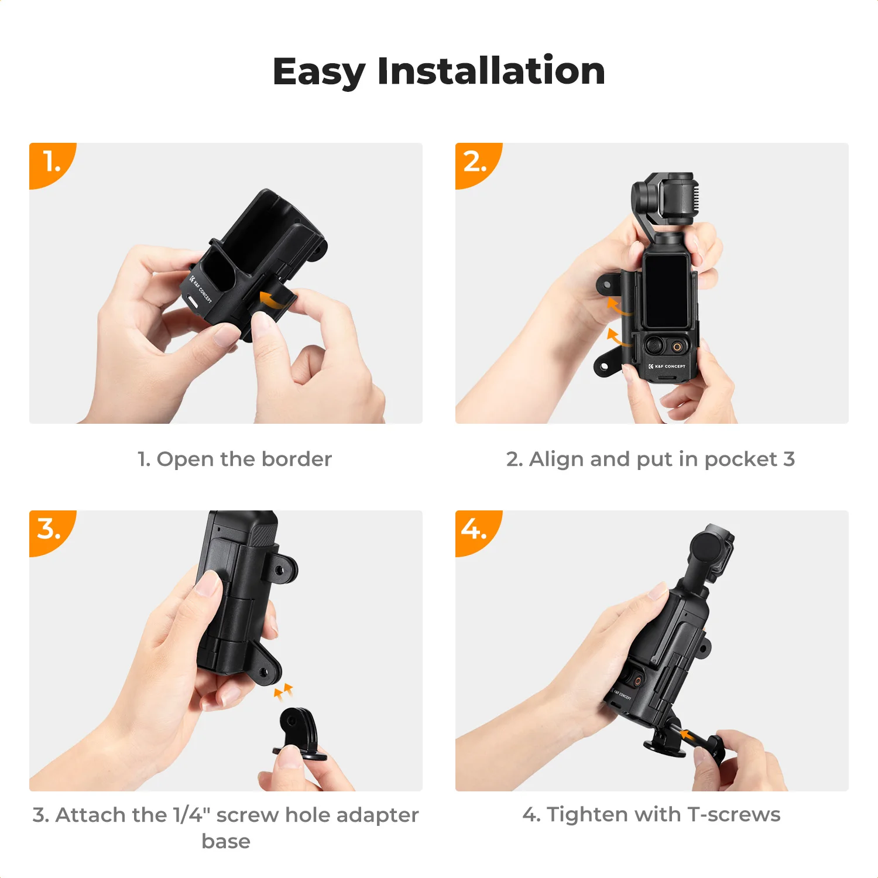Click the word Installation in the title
491,71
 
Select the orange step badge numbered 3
50,530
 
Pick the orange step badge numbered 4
475,530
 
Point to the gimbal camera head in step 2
667,199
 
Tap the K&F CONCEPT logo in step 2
667,366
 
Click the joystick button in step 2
655,345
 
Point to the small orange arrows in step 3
283,691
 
